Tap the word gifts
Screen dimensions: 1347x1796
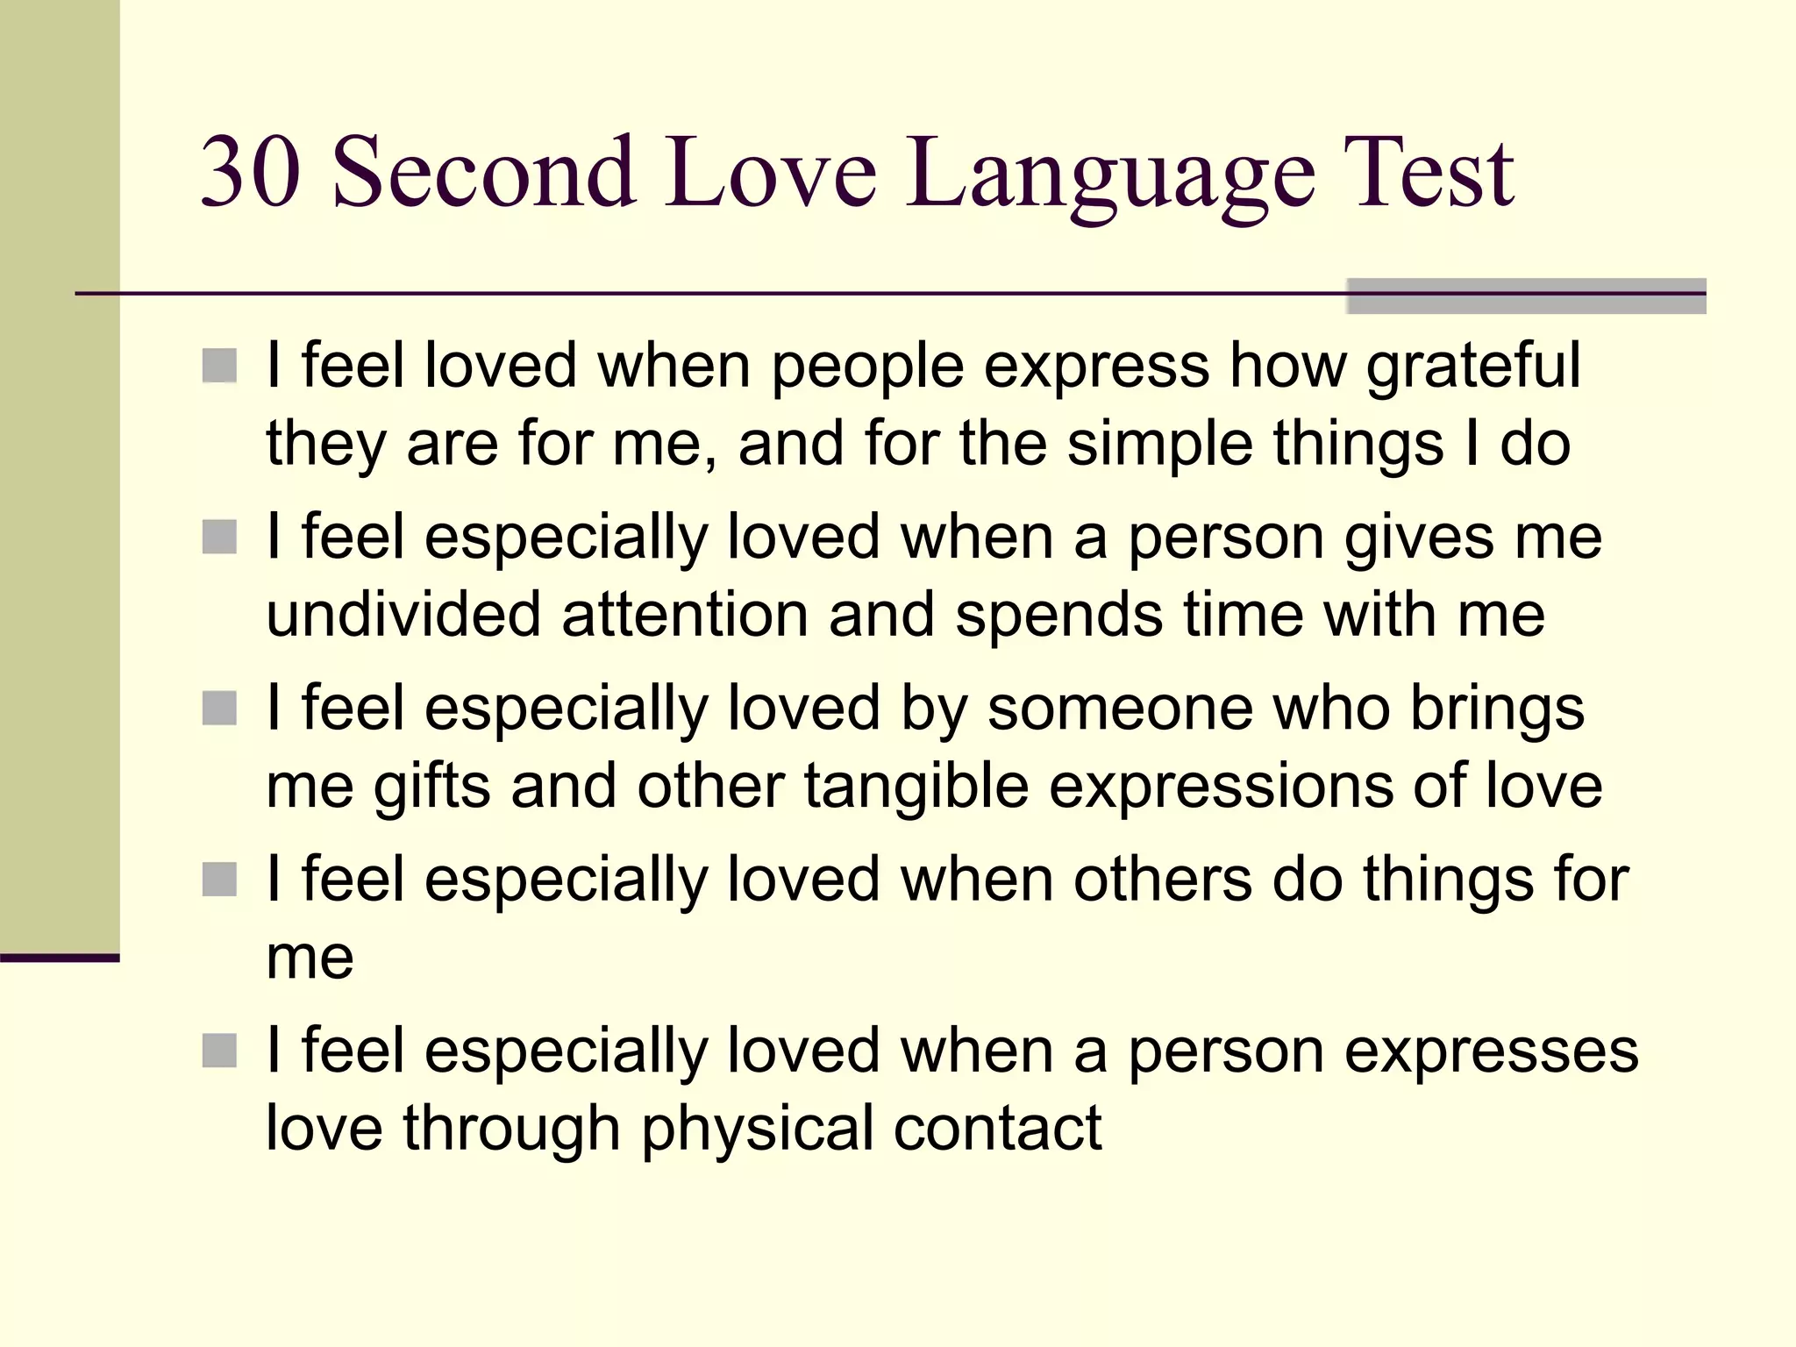pyautogui.click(x=431, y=786)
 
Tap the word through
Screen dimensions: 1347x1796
pyautogui.click(x=511, y=1130)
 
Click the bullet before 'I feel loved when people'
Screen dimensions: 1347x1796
pyautogui.click(x=219, y=367)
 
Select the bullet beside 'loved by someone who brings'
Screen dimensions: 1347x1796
pyautogui.click(x=219, y=709)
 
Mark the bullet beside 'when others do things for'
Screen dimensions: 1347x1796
pyautogui.click(x=219, y=880)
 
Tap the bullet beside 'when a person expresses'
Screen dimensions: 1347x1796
pyautogui.click(x=219, y=1051)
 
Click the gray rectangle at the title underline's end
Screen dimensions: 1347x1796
pyautogui.click(x=1526, y=296)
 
